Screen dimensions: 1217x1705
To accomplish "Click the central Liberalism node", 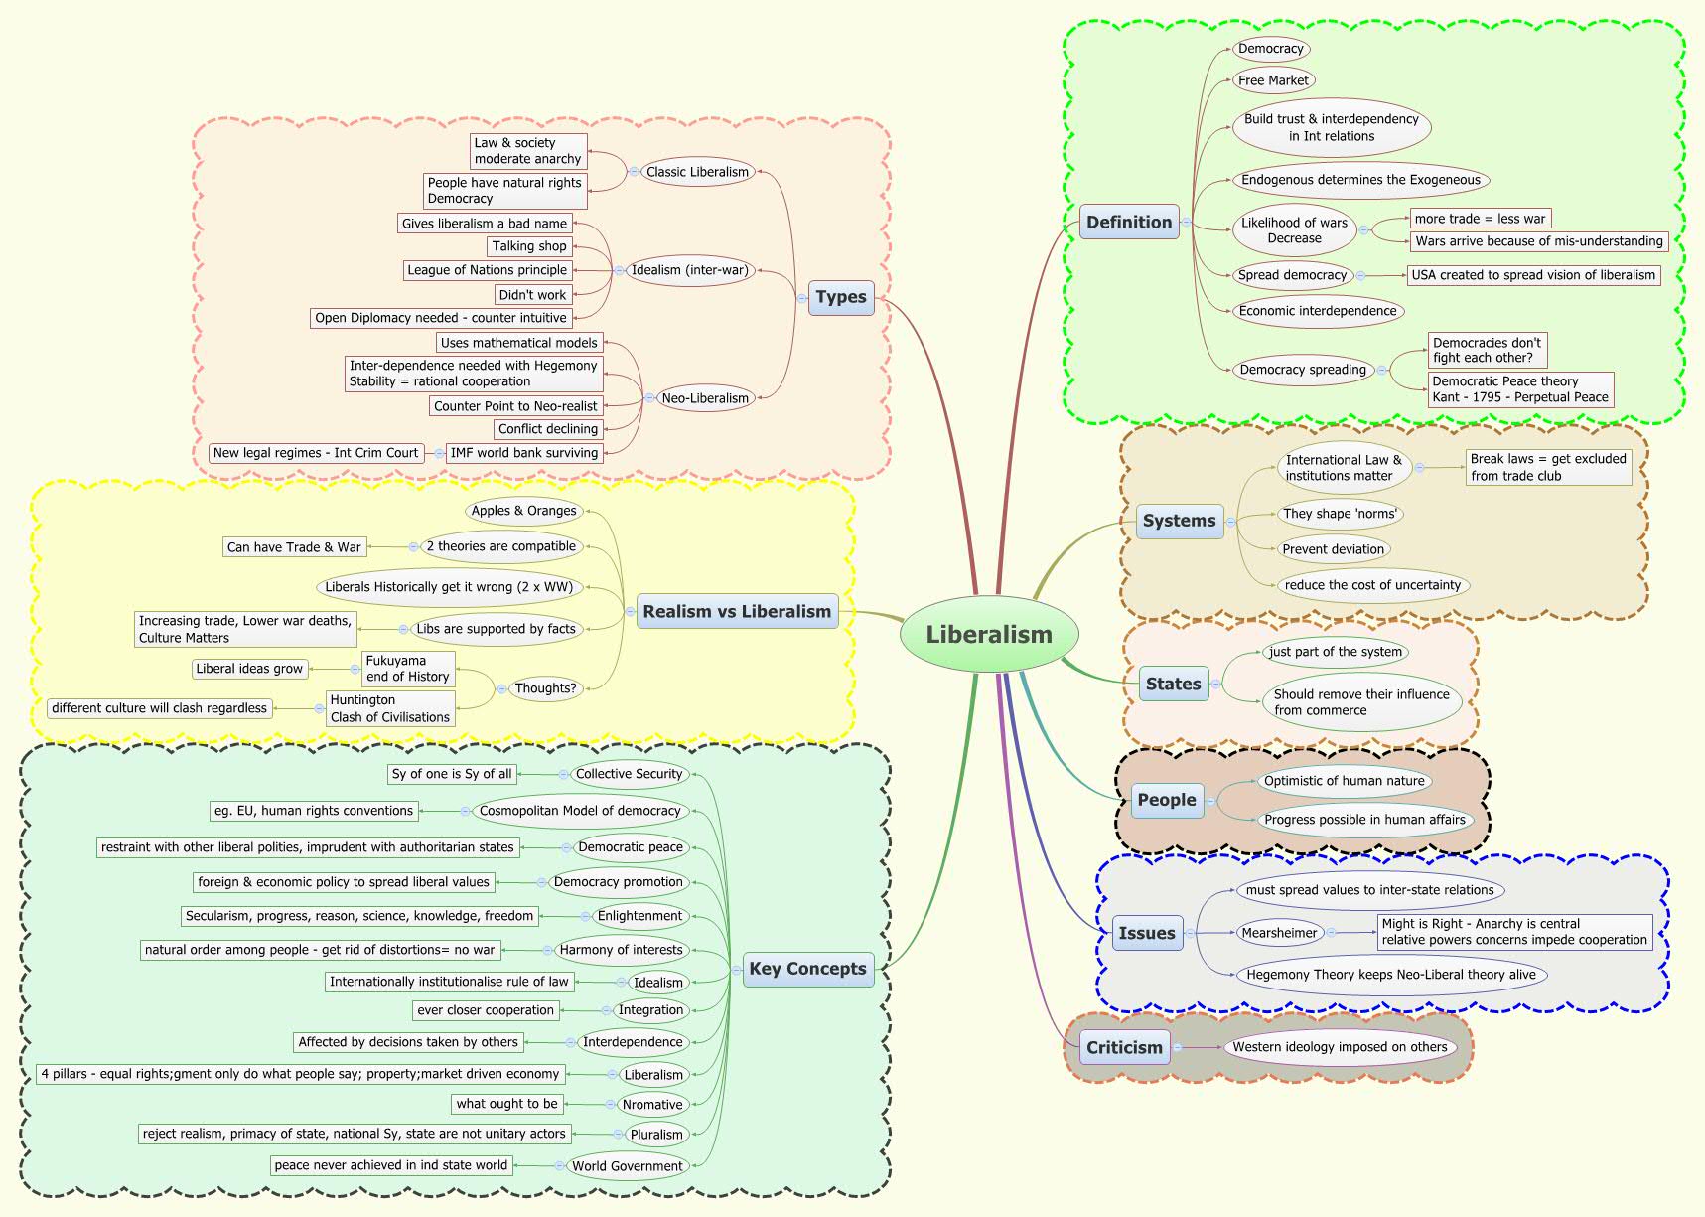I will [x=989, y=635].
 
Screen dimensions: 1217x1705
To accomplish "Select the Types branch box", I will [x=841, y=297].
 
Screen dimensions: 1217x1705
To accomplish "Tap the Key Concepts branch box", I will [x=807, y=969].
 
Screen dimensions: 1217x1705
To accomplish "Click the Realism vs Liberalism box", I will [x=737, y=612].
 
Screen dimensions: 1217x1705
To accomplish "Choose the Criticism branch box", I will [x=1124, y=1047].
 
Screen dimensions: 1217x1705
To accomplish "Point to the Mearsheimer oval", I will [x=1280, y=933].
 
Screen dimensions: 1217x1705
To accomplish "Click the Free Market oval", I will [x=1273, y=80].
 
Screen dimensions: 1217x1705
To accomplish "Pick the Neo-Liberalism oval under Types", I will [x=705, y=398].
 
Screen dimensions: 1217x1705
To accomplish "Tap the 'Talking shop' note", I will [x=529, y=246].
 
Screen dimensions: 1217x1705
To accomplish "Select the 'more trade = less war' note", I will [x=1480, y=219].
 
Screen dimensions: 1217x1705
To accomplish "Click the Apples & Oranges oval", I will [x=523, y=511].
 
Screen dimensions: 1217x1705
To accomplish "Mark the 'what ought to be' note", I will [x=507, y=1104].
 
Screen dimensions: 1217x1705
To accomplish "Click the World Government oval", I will [x=628, y=1166].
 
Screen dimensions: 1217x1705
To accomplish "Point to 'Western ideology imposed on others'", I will [x=1340, y=1047].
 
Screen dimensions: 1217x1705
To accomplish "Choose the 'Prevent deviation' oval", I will [x=1333, y=549].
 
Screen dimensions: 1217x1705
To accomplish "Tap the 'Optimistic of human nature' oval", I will [x=1344, y=781].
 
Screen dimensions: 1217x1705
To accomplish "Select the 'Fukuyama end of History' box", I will [x=407, y=669].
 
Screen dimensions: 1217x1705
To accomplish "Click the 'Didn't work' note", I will [x=532, y=295].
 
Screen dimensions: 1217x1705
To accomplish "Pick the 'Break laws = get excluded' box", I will [x=1548, y=467].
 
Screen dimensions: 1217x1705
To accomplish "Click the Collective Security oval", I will [x=630, y=774].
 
